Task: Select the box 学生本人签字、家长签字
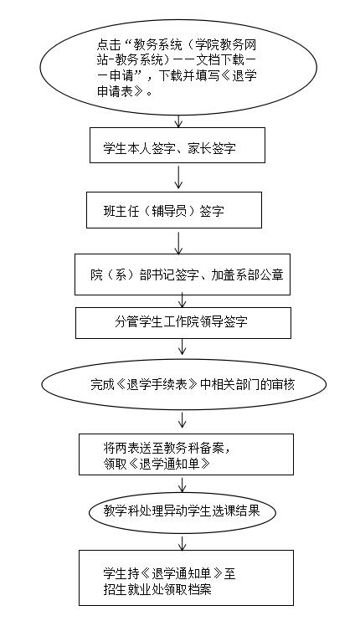[x=177, y=145]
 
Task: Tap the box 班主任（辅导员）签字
[x=174, y=210]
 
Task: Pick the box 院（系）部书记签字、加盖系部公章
[x=183, y=275]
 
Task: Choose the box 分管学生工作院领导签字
[x=183, y=323]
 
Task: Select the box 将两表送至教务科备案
[x=186, y=454]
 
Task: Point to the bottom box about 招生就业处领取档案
[x=186, y=577]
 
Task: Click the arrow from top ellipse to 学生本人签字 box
[x=178, y=121]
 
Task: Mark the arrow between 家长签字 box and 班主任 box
[x=178, y=177]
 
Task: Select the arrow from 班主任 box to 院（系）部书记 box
[x=178, y=243]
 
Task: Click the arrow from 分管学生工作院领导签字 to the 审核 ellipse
[x=183, y=346]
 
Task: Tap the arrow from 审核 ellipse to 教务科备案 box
[x=183, y=420]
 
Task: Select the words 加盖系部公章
[x=247, y=275]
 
